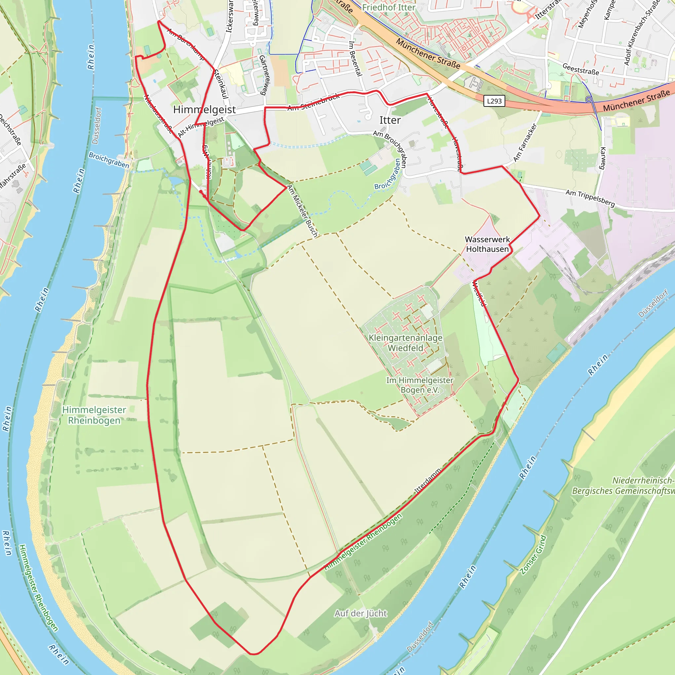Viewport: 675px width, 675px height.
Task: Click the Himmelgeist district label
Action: [204, 110]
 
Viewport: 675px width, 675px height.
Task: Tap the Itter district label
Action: [390, 120]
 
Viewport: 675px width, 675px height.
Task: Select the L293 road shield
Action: [494, 101]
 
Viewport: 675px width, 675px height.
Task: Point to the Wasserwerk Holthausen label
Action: [487, 244]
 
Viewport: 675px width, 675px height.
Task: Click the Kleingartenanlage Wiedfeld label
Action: [406, 343]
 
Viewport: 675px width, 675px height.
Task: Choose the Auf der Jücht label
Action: [361, 613]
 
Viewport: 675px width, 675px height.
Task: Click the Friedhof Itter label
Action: [389, 7]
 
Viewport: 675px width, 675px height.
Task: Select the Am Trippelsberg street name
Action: [590, 198]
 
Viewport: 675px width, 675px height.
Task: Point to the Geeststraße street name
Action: [580, 69]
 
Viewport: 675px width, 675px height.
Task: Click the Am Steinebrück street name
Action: [313, 102]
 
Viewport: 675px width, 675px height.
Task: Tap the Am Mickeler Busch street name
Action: [303, 211]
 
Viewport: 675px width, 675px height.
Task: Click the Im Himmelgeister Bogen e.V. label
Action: [420, 385]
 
